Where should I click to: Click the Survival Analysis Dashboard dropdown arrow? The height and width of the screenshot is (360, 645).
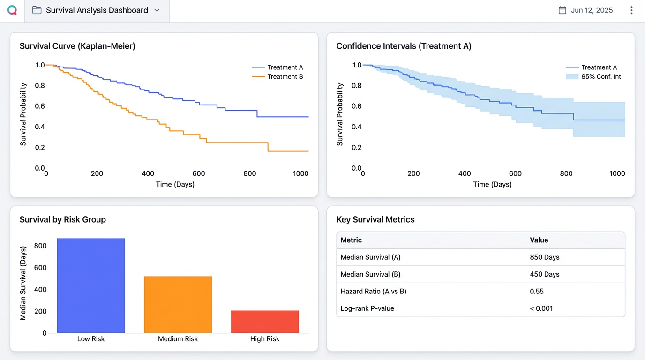[x=157, y=10]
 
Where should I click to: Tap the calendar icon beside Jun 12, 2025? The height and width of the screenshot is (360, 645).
[x=562, y=10]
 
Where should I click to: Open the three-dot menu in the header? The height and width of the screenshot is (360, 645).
[x=631, y=10]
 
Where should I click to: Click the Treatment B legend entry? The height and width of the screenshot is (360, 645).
[x=277, y=76]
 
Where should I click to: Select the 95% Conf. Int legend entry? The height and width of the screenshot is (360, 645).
[x=593, y=76]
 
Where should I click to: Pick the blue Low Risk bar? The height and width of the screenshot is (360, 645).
[x=91, y=285]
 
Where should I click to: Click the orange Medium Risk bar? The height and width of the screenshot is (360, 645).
[x=178, y=304]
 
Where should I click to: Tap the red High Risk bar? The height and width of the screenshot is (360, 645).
[x=265, y=322]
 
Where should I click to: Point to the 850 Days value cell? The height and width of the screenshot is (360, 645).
[x=545, y=257]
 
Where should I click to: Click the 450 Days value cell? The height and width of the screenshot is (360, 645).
[x=545, y=274]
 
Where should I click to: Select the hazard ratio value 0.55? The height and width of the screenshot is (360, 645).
[x=537, y=291]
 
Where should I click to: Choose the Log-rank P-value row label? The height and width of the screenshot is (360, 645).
[x=367, y=308]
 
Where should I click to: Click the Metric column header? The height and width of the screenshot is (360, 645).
[x=351, y=240]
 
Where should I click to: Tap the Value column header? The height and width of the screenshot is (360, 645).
[x=539, y=240]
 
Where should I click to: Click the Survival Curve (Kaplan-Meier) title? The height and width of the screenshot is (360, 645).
[x=77, y=46]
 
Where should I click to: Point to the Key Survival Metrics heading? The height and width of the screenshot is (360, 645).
[x=375, y=219]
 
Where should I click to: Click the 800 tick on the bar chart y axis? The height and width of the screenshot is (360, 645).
[x=40, y=246]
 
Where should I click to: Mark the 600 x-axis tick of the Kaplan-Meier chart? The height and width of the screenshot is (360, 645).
[x=199, y=173]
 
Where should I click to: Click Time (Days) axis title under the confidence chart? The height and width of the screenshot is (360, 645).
[x=492, y=184]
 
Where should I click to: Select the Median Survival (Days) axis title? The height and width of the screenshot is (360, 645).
[x=23, y=283]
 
